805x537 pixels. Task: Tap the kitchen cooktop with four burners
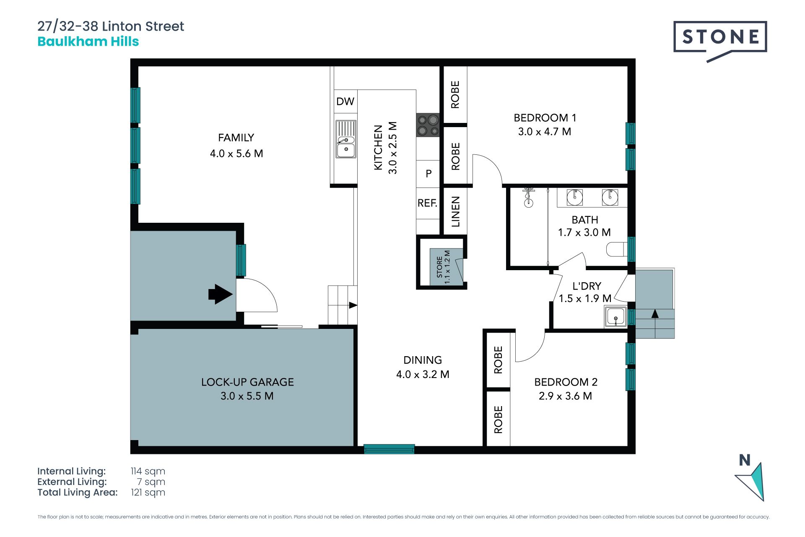pos(428,125)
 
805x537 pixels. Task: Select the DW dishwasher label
pos(345,101)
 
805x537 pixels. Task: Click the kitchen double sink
pos(346,139)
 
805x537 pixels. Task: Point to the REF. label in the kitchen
pos(427,203)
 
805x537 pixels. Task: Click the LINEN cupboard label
pos(455,211)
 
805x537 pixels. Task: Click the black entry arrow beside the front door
pos(221,294)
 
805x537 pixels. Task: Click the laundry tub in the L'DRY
pos(615,317)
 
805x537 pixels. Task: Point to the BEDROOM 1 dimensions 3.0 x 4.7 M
pos(545,132)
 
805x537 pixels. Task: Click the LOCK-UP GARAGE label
pos(247,382)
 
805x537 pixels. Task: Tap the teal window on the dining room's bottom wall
pos(389,449)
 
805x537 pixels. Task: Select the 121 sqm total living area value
pos(148,493)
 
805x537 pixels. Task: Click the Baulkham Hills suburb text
pos(88,42)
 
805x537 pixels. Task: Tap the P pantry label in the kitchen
pos(428,173)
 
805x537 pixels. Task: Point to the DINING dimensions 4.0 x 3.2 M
pos(423,374)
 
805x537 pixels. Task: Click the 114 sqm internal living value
pos(148,471)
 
